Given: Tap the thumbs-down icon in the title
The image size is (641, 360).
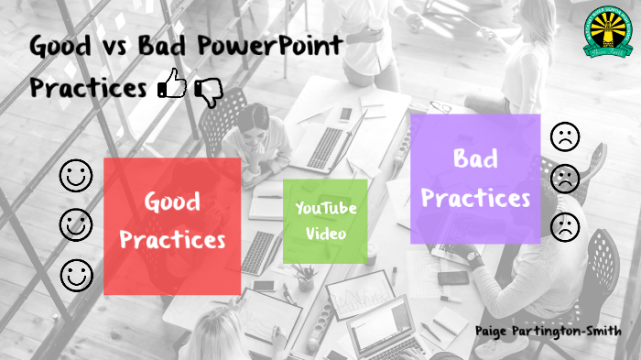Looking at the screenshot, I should [x=209, y=92].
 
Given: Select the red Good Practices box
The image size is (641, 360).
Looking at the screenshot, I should [x=172, y=225].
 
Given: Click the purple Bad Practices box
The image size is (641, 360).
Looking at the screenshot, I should [x=474, y=179].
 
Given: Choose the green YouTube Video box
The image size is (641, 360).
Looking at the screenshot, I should [x=325, y=221].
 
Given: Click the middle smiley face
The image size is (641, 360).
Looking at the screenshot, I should [x=76, y=224].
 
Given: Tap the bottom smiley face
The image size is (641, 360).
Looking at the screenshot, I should [x=76, y=273].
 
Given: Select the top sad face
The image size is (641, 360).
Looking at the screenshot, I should [x=565, y=137].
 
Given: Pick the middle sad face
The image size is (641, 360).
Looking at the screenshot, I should [x=565, y=180].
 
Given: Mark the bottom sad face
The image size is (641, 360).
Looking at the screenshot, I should [x=565, y=226].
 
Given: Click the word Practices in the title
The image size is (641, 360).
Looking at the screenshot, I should [x=88, y=89].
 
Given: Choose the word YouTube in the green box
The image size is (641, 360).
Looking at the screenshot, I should [x=325, y=209].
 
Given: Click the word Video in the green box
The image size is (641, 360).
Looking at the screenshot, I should [x=325, y=234].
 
